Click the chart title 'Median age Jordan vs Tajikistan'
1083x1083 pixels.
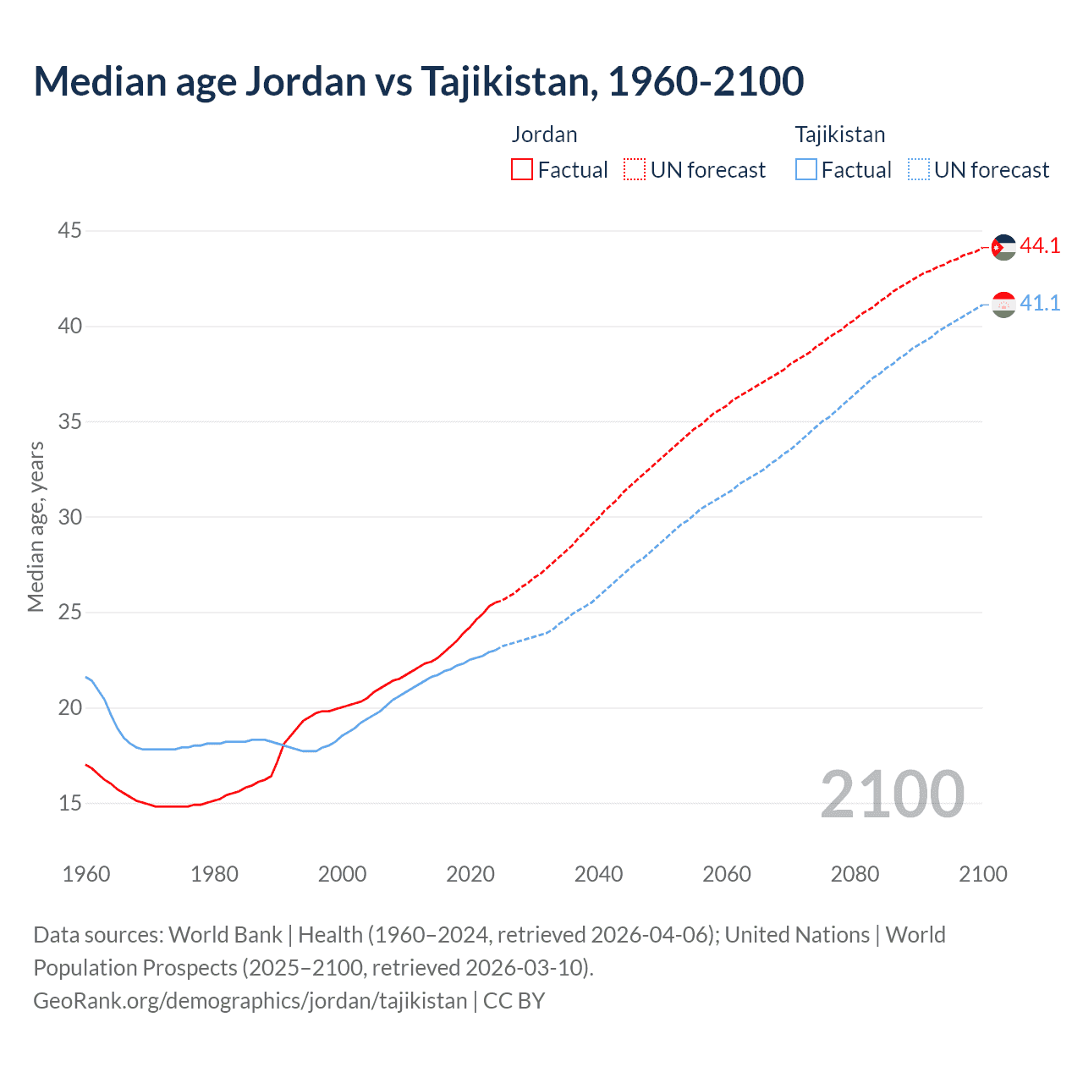coord(418,81)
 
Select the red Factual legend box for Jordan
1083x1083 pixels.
coord(522,170)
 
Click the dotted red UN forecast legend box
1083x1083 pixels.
coord(635,170)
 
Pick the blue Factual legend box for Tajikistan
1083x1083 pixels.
coord(806,170)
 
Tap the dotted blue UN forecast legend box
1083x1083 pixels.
coord(919,170)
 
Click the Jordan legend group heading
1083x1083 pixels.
coord(544,135)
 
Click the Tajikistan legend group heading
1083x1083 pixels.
coord(839,135)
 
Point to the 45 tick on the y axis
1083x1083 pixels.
coord(70,230)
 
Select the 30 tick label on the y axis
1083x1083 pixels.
coord(70,516)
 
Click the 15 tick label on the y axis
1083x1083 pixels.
coord(70,802)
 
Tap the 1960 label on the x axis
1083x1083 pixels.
coord(86,874)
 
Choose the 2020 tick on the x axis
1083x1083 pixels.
coord(470,874)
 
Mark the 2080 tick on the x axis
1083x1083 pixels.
coord(855,874)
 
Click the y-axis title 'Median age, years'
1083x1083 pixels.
coord(36,526)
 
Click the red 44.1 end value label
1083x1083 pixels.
coord(1040,246)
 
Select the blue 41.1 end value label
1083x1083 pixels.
coord(1040,304)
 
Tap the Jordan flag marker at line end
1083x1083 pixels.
coord(1003,247)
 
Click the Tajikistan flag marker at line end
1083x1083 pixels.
coord(1003,305)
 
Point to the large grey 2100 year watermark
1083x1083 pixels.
coord(892,794)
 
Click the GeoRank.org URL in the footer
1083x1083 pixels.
coord(250,1001)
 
